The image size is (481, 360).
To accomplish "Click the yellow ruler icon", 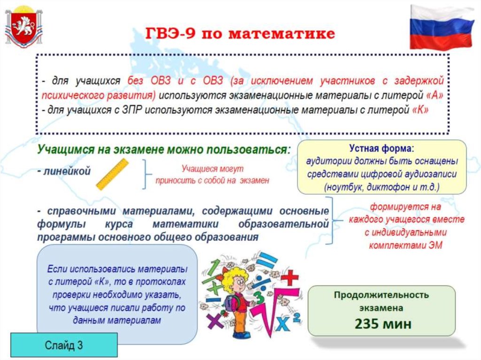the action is tap(112, 174).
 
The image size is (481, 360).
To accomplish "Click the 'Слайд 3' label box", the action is tap(64, 345).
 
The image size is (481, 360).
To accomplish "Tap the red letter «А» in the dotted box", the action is tap(435, 95).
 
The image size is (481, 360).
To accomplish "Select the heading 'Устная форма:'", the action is tap(381, 149).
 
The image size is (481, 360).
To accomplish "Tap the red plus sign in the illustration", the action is tap(289, 277).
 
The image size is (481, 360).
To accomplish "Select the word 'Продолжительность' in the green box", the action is tap(381, 295).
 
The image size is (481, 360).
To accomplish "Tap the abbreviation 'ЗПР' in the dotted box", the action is tap(132, 109).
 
